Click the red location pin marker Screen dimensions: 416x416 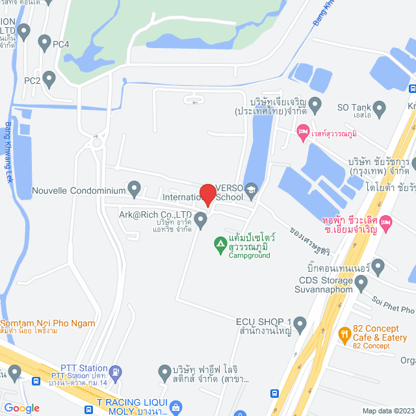tap(207, 194)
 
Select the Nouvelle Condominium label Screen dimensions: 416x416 tap(79, 191)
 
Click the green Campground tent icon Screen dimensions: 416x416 tap(220, 244)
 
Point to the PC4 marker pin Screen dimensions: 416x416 tap(44, 44)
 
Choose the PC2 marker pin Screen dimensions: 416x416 tap(49, 80)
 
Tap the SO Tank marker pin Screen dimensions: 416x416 tap(380, 107)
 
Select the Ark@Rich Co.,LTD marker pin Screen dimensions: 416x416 tap(201, 222)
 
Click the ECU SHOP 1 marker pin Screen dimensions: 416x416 tap(300, 322)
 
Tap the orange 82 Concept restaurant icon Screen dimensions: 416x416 tap(344, 335)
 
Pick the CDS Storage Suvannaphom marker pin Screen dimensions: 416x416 tap(361, 281)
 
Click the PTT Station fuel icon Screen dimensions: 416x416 tap(115, 372)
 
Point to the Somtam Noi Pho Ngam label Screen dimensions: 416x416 tap(48, 323)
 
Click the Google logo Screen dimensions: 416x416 tap(21, 408)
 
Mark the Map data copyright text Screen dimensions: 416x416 tap(387, 411)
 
